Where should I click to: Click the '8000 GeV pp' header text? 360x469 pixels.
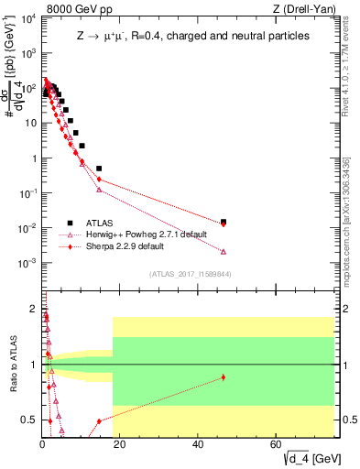click(x=76, y=8)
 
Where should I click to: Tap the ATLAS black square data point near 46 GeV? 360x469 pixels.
click(x=224, y=222)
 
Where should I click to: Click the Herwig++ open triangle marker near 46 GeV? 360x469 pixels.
click(x=224, y=252)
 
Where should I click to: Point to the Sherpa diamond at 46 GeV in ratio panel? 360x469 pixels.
click(x=224, y=377)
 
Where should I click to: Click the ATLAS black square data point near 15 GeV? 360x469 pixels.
click(x=99, y=169)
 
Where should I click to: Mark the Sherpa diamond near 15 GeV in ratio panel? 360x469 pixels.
click(x=99, y=422)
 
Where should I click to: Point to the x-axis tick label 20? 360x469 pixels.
click(x=120, y=444)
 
